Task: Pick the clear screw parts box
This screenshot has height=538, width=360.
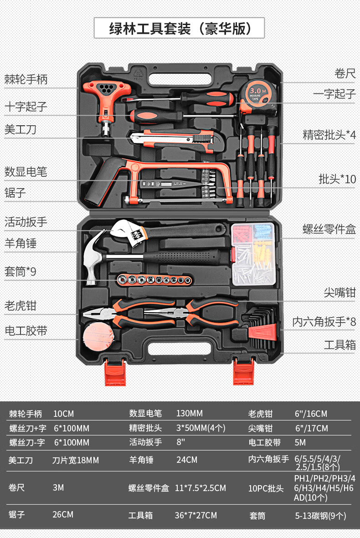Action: pos(254,254)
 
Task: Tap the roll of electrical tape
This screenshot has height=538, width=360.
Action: pos(98,336)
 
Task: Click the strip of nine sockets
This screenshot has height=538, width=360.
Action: pos(154,280)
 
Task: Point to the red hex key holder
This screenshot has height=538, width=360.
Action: pos(262,332)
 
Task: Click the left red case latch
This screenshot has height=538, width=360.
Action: pos(115,372)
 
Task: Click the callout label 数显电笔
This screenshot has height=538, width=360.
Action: pos(26,172)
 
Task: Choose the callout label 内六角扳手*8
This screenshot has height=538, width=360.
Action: pos(324,322)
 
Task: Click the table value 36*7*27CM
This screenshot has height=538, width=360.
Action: pos(195,515)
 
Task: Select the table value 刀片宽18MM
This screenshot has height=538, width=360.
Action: pos(76,460)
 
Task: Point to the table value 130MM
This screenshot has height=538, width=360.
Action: pos(190,414)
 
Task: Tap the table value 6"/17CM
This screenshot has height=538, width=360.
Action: pos(312,428)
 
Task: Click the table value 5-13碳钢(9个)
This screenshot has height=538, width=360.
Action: pos(320,516)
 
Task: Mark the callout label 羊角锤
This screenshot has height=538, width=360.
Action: pos(21,243)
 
